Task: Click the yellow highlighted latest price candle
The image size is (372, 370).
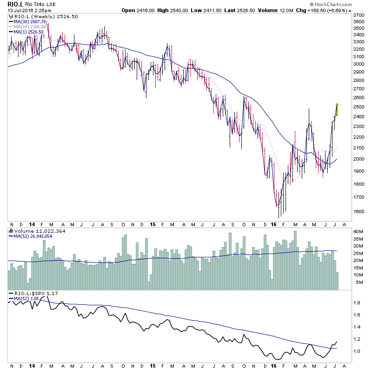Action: click(337, 109)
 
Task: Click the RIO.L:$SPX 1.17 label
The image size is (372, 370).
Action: click(31, 294)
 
